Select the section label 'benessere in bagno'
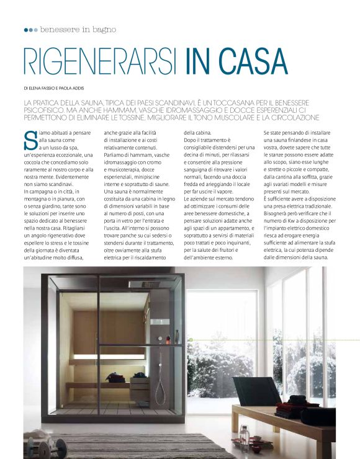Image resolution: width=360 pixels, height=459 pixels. click(77, 29)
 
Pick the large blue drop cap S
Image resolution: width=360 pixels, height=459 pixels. click(30, 140)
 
